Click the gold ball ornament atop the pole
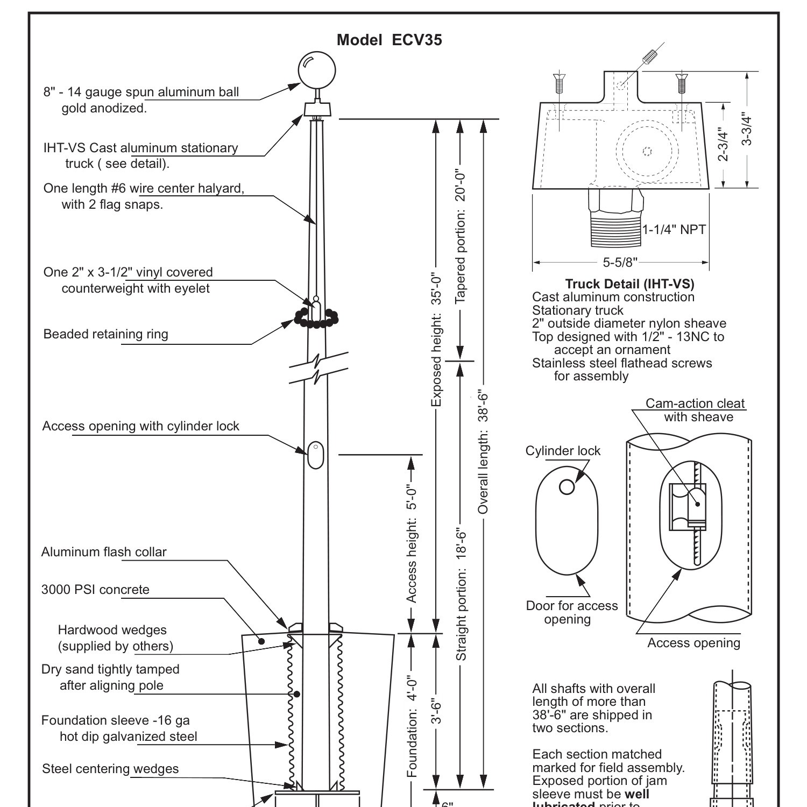316,70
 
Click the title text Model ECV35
389,40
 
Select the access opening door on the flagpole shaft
315,455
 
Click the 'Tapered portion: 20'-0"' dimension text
461,237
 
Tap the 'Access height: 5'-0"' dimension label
412,544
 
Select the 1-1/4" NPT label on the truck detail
674,230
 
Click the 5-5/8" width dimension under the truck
620,263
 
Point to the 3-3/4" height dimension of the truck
747,129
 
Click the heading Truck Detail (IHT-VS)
629,284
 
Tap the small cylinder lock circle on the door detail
567,487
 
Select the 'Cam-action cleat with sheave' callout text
695,410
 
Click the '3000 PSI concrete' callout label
95,590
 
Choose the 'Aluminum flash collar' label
104,552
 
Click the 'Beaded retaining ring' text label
105,334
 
